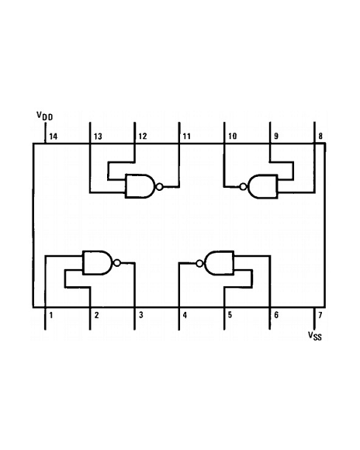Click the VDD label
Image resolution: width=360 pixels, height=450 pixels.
(x=44, y=116)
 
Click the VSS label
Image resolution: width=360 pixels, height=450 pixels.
(x=315, y=336)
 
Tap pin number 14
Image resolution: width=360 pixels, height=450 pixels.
(x=53, y=137)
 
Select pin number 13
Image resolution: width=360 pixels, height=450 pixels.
(x=98, y=137)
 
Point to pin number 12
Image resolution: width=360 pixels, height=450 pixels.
(x=143, y=136)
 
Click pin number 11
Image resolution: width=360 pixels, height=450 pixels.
(x=187, y=136)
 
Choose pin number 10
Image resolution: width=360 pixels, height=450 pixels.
(x=233, y=136)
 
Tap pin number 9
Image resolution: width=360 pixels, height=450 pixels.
(x=276, y=136)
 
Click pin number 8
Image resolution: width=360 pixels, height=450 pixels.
(x=320, y=136)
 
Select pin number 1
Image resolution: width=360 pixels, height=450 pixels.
(x=51, y=315)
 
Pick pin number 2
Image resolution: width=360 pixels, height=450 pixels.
(x=96, y=315)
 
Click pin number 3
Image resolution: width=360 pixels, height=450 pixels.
(x=141, y=315)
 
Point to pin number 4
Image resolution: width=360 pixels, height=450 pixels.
(x=185, y=315)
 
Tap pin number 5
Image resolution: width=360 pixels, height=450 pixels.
(x=230, y=315)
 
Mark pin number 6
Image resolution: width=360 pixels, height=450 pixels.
(x=276, y=315)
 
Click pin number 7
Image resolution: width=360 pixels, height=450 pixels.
(x=320, y=315)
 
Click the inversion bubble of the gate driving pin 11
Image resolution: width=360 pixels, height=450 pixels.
(x=159, y=187)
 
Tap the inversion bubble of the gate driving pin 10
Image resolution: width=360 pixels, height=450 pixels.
(x=243, y=187)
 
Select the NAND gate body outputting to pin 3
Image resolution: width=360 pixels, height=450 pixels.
(x=98, y=262)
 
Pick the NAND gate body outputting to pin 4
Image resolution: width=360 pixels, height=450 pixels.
(x=219, y=263)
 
